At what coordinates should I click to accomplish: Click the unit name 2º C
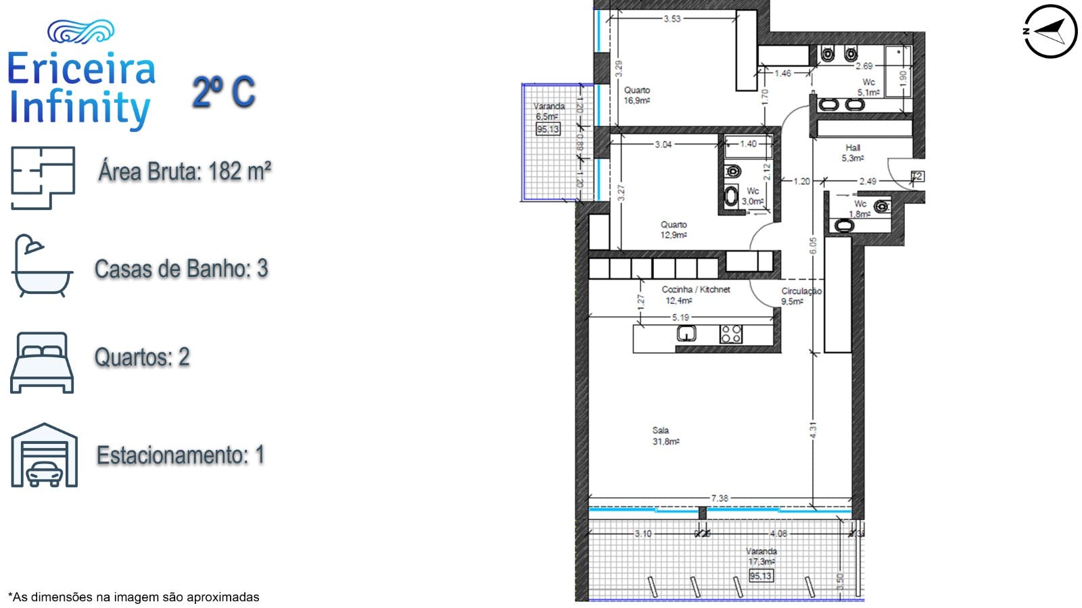[224, 92]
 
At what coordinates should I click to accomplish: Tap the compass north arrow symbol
[1050, 31]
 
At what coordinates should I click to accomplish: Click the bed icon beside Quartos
[42, 362]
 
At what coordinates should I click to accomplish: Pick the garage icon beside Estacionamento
[44, 455]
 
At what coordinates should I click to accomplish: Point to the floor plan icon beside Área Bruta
[42, 178]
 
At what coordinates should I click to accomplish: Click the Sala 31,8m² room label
[665, 436]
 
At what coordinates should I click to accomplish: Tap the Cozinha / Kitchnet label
[695, 295]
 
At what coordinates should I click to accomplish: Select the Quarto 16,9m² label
[636, 95]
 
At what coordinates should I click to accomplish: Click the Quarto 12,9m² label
[673, 230]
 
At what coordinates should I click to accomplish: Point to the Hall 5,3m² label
[852, 153]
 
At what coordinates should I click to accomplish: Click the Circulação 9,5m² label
[801, 296]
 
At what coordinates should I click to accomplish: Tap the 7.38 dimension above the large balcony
[720, 499]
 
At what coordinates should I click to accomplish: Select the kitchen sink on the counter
[686, 333]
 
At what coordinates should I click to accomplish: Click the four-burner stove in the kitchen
[730, 333]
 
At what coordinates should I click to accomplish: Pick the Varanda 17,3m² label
[761, 556]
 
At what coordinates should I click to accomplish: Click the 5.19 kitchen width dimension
[680, 317]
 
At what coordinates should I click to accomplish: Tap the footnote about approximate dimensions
[133, 597]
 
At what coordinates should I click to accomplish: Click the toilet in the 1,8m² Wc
[881, 207]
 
